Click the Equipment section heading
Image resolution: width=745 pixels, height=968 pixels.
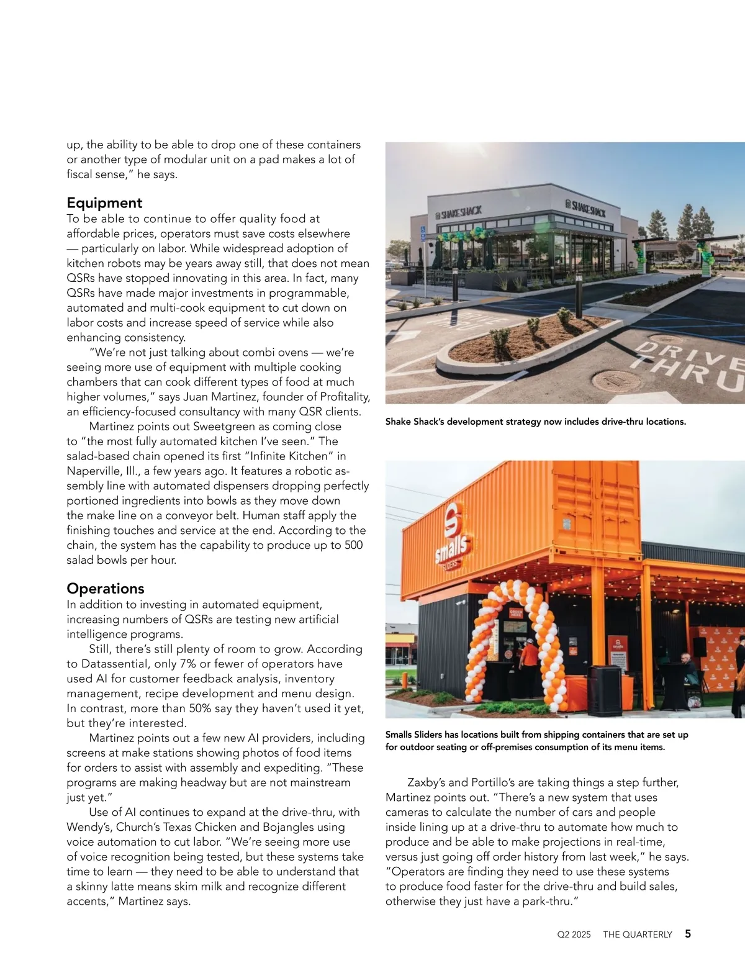104,203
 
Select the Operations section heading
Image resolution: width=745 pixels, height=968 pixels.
105,589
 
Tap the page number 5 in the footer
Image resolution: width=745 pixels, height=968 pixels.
688,934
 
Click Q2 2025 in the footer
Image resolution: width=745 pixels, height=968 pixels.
574,934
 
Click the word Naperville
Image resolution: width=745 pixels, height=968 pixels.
94,471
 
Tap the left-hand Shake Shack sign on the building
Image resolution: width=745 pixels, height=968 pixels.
459,212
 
